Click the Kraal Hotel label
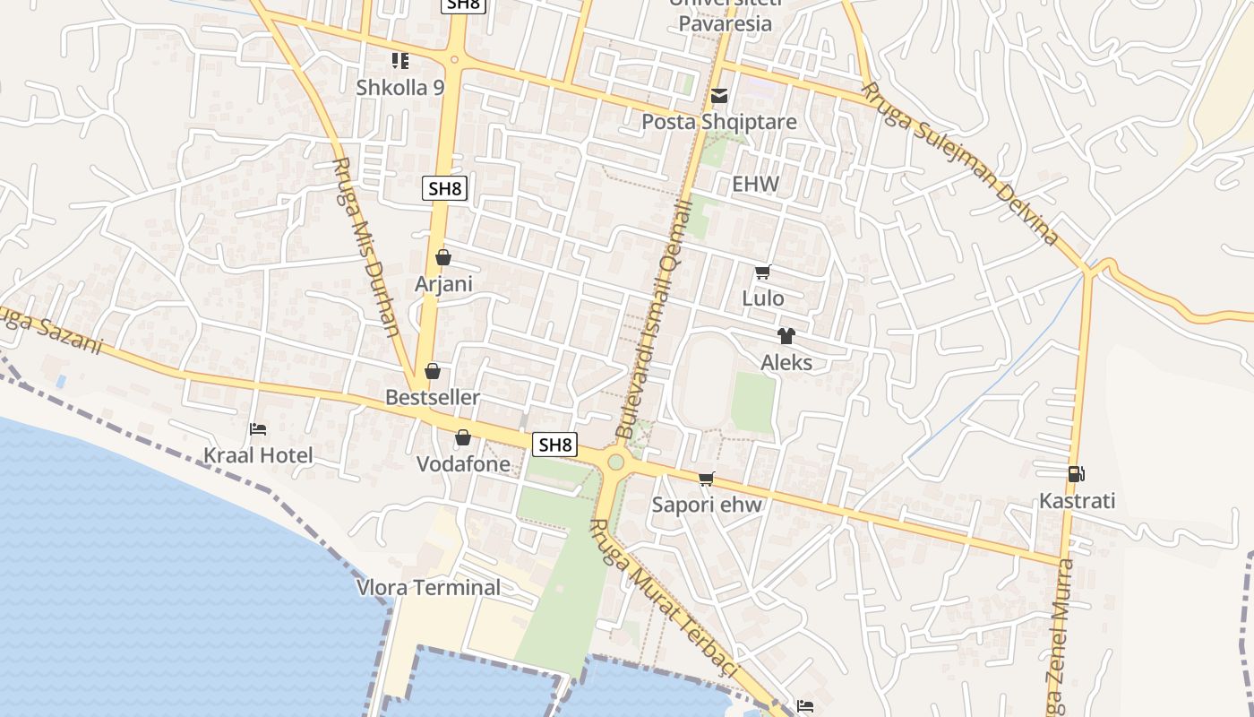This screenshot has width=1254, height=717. tap(258, 455)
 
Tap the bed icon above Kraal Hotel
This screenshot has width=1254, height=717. tap(258, 429)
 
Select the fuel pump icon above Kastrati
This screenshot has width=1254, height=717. tap(1077, 474)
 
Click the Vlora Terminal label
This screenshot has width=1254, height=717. tap(428, 588)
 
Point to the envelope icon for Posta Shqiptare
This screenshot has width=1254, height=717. tap(719, 96)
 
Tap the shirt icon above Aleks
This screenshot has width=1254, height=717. tap(786, 336)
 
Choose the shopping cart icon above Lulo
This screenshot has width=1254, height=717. tap(762, 272)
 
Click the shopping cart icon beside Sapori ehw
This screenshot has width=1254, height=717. tap(707, 479)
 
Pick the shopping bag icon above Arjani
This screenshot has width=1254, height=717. tap(442, 257)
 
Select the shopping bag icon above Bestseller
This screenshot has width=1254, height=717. tap(433, 371)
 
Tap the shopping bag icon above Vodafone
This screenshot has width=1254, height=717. tap(463, 438)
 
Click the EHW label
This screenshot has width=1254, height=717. tap(755, 185)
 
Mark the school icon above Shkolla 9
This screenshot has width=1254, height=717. tap(400, 61)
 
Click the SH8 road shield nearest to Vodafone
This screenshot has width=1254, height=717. tap(554, 444)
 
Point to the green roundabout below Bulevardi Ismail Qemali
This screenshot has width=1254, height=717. tap(615, 462)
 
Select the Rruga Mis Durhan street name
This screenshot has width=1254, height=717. tap(365, 246)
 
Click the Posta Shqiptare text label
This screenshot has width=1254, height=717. tap(719, 121)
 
